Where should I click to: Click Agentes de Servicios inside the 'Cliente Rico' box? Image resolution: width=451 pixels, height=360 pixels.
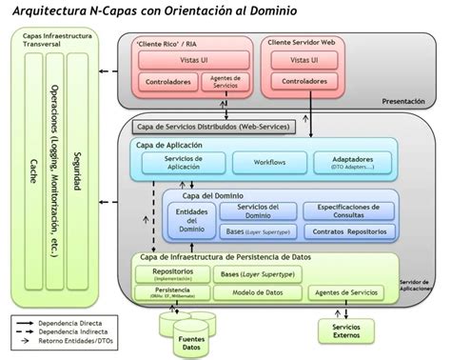226,82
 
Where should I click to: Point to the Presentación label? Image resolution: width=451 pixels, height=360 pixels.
402,101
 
